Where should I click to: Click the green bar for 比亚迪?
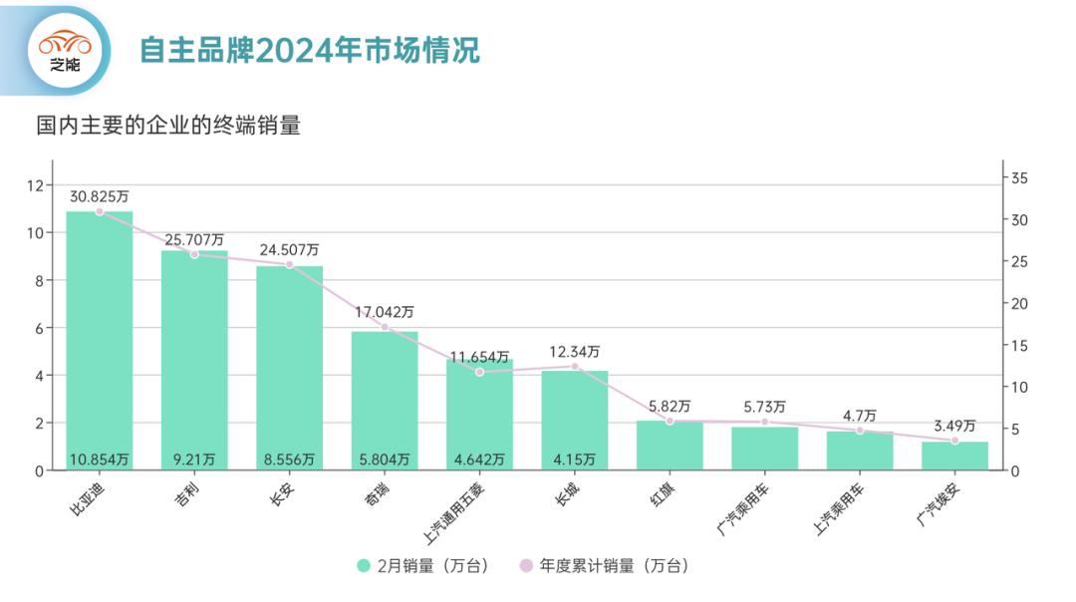click(100, 339)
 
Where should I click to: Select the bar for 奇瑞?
click(385, 399)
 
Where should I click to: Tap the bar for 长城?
click(575, 419)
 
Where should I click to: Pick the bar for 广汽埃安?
click(954, 455)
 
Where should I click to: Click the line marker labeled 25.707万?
click(194, 254)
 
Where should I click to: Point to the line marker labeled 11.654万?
click(479, 372)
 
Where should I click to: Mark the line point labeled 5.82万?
click(670, 421)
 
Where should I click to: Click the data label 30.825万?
click(100, 196)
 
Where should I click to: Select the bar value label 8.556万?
click(289, 459)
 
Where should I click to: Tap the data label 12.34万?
click(575, 352)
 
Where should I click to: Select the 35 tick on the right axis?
click(1019, 177)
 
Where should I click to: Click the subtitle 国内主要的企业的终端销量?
click(168, 127)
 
